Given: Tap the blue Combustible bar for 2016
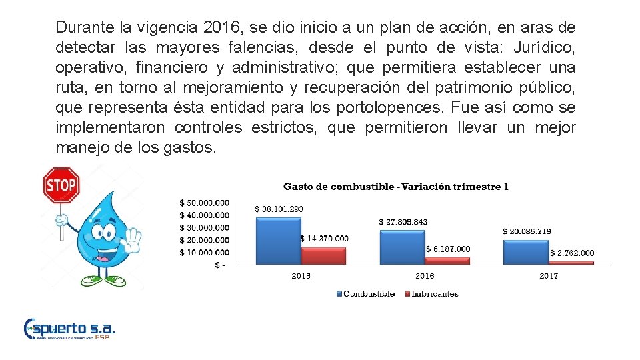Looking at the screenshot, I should coord(402,247).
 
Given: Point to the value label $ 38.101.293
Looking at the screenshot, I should coord(279,209).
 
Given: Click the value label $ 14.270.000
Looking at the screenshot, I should coord(324,238).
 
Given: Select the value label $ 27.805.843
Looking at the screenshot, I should coord(403,221).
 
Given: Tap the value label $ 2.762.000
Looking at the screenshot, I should coord(572,253).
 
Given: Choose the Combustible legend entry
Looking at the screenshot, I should coord(368,293).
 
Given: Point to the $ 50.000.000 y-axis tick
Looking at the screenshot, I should coord(204,203).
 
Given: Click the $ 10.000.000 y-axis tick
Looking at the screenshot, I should coord(204,252).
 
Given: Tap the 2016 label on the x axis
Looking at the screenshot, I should coord(424,275).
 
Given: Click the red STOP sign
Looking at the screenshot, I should coord(61,185).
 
